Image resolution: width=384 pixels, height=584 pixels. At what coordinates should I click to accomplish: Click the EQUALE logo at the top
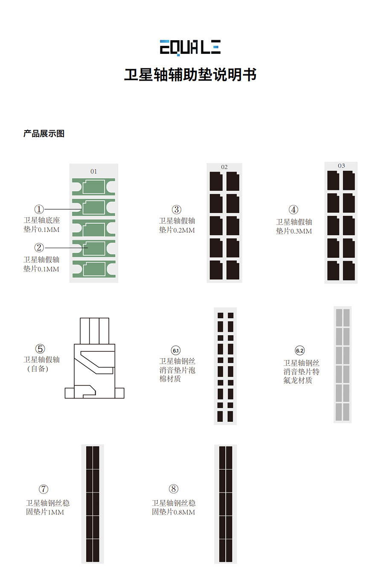coord(190,47)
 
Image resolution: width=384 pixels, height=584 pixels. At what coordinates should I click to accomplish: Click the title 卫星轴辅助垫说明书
coord(190,75)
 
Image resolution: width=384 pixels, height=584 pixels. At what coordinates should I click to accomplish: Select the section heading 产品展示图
coord(44,134)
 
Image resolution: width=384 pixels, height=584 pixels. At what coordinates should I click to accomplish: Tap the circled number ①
coord(39,209)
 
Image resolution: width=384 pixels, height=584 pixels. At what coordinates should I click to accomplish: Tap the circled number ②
coord(39,248)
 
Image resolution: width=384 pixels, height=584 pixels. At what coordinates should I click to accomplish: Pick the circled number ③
coord(176,210)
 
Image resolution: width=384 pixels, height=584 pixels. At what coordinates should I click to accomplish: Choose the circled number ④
coord(293,210)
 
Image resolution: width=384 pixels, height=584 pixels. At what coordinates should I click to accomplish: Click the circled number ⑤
coord(40,349)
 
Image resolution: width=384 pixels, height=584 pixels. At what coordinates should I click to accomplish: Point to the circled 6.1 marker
coord(176,350)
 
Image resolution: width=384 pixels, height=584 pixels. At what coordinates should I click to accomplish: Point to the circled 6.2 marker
coord(300,350)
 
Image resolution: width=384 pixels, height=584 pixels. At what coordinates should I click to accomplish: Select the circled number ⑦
coord(43,489)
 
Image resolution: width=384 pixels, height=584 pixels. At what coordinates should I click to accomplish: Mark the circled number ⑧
coord(173,489)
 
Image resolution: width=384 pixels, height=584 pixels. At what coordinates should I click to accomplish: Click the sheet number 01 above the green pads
coord(93,171)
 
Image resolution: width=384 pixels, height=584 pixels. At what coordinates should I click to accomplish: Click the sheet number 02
coord(224,167)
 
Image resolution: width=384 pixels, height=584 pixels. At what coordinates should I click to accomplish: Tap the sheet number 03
coord(341,166)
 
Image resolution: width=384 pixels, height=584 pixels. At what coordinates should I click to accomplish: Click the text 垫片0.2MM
coord(177,230)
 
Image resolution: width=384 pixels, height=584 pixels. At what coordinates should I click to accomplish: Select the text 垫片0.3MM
coord(294,231)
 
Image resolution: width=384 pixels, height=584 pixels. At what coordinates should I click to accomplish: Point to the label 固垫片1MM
coord(45,512)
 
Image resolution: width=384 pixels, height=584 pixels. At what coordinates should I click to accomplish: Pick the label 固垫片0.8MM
coord(173,512)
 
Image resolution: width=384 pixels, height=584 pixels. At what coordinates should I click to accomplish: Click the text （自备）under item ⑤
coord(38,369)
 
